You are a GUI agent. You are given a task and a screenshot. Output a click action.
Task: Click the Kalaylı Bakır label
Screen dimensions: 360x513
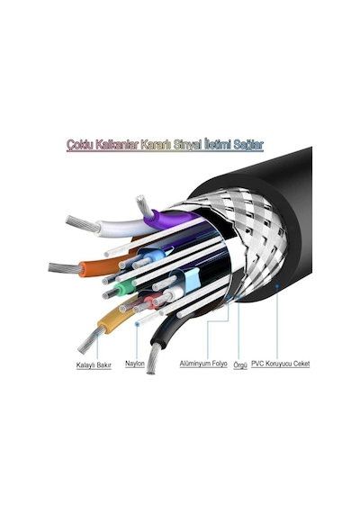coord(94,365)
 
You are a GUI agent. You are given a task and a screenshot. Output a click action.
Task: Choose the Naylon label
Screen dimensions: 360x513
coord(135,364)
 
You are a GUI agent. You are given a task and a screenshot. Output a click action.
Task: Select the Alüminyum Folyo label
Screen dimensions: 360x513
coord(203,364)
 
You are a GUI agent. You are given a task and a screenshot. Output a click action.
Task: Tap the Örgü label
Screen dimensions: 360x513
coord(240,365)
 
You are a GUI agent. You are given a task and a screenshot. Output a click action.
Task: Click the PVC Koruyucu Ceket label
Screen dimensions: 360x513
coord(281,364)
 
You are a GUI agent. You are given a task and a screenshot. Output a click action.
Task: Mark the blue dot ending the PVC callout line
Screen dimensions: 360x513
coord(277,285)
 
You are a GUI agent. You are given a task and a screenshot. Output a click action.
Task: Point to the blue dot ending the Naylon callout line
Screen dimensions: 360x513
coord(137,324)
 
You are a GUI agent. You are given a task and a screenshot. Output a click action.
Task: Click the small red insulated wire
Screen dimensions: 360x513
coord(151,301)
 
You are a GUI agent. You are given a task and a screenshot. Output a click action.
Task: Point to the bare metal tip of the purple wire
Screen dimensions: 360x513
coord(144,206)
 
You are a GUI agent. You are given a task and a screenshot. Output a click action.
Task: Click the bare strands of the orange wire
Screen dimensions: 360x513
coord(65,268)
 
